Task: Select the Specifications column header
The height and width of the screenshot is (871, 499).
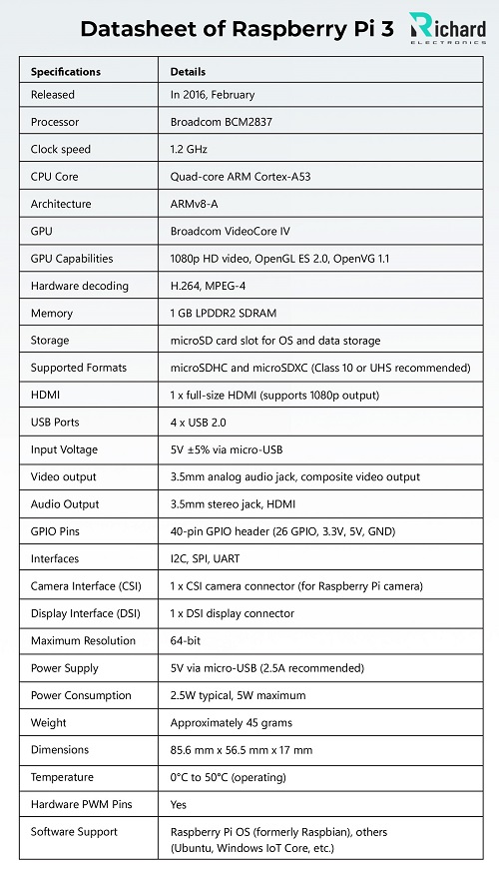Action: (x=66, y=72)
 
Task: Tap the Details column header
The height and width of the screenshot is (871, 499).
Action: (x=188, y=72)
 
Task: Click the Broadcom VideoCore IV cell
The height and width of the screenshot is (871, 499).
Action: (x=231, y=231)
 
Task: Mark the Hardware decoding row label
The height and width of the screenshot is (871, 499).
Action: (x=80, y=286)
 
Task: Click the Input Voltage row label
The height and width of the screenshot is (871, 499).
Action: (x=65, y=449)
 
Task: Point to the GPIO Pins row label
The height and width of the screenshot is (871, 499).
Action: (x=56, y=531)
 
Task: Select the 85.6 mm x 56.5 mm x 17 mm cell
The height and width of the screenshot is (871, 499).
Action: (x=242, y=749)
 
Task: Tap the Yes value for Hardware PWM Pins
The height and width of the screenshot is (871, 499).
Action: (x=179, y=804)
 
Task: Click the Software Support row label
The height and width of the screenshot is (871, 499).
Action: (x=74, y=831)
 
